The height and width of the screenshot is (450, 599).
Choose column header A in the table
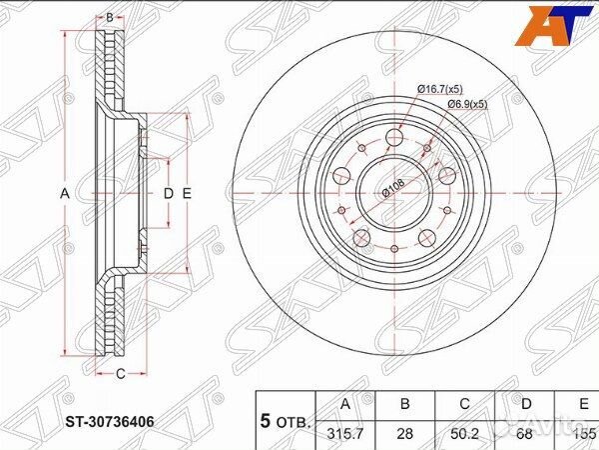pyautogui.click(x=344, y=405)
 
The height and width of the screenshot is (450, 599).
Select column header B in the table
pyautogui.click(x=405, y=405)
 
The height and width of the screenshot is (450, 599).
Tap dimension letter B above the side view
pyautogui.click(x=109, y=17)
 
